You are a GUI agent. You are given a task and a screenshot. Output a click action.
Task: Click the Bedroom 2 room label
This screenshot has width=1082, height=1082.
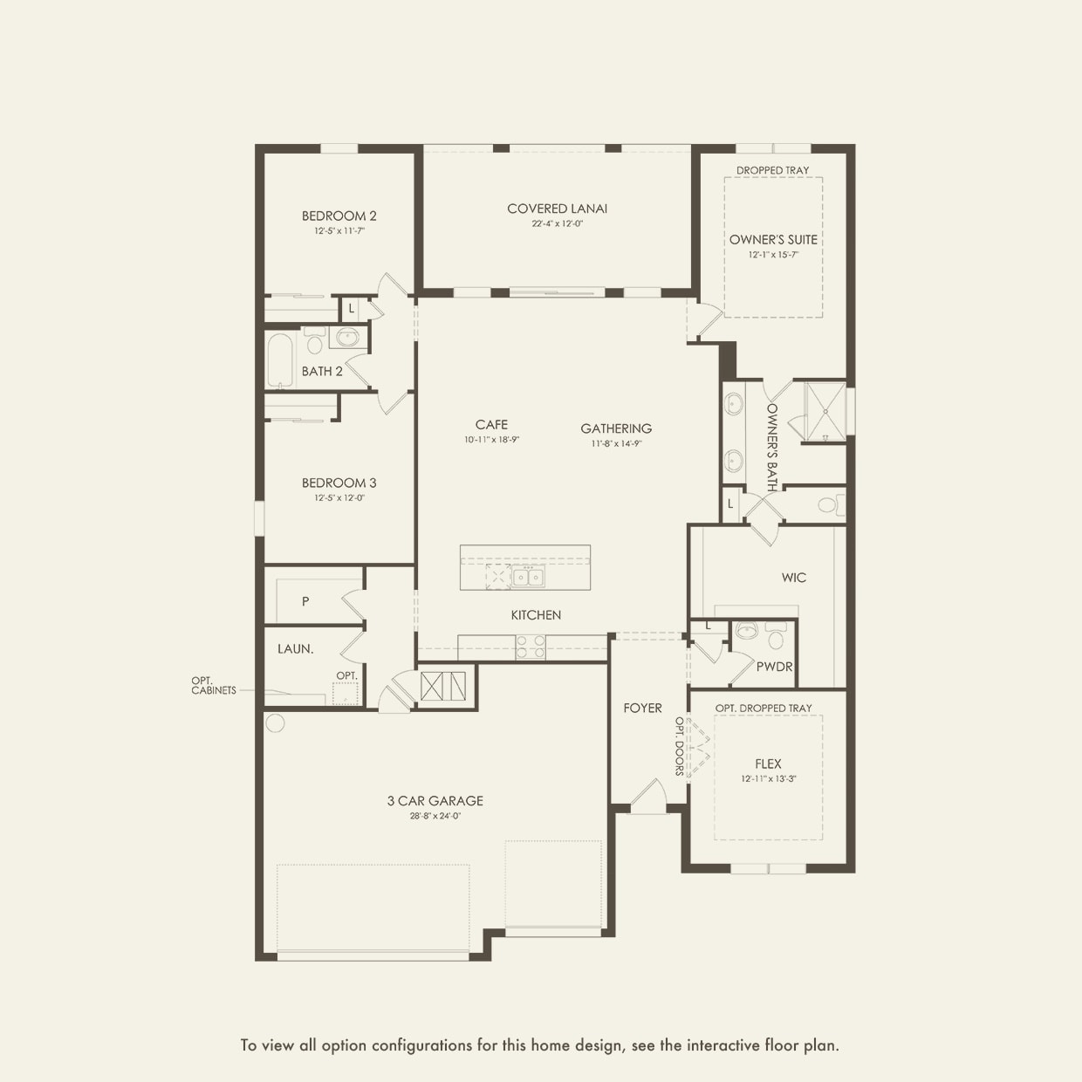coord(339,216)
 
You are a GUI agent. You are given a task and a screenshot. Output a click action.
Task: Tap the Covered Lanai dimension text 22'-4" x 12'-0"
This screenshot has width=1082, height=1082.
coord(557,223)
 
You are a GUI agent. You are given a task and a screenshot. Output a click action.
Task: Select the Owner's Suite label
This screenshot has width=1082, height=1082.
coord(773,239)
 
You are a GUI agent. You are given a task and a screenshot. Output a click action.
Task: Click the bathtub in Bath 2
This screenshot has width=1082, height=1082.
coord(280,360)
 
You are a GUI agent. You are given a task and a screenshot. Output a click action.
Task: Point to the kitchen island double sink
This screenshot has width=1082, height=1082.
coord(528,577)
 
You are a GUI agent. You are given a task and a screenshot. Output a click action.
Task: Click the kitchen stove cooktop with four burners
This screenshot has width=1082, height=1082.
coord(531,647)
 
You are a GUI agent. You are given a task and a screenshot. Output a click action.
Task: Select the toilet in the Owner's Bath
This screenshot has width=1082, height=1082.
coord(830,505)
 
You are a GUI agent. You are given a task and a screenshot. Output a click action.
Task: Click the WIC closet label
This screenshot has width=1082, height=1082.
coord(794,578)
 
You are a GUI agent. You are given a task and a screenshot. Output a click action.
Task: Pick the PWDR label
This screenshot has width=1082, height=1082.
coord(774,667)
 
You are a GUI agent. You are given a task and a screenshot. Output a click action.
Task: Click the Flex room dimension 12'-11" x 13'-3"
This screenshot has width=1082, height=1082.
coord(769,779)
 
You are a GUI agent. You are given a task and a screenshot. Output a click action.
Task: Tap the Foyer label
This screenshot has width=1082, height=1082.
coord(642,708)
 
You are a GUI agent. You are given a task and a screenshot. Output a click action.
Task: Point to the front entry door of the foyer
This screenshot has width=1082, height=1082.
coord(648,798)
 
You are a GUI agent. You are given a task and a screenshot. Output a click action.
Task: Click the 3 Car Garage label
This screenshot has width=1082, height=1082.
coord(435,801)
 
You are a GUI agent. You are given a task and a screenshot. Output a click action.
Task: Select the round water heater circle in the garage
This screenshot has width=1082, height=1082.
coord(275,722)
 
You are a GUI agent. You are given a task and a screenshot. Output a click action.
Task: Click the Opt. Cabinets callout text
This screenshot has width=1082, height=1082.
coord(213,686)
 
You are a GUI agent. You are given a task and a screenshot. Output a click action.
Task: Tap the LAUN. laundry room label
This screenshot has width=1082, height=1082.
coord(295,649)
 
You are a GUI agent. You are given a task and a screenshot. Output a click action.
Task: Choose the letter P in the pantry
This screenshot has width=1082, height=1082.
coord(305,601)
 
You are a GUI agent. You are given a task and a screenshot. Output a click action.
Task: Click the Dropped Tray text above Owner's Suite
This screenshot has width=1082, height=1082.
coord(772,170)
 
